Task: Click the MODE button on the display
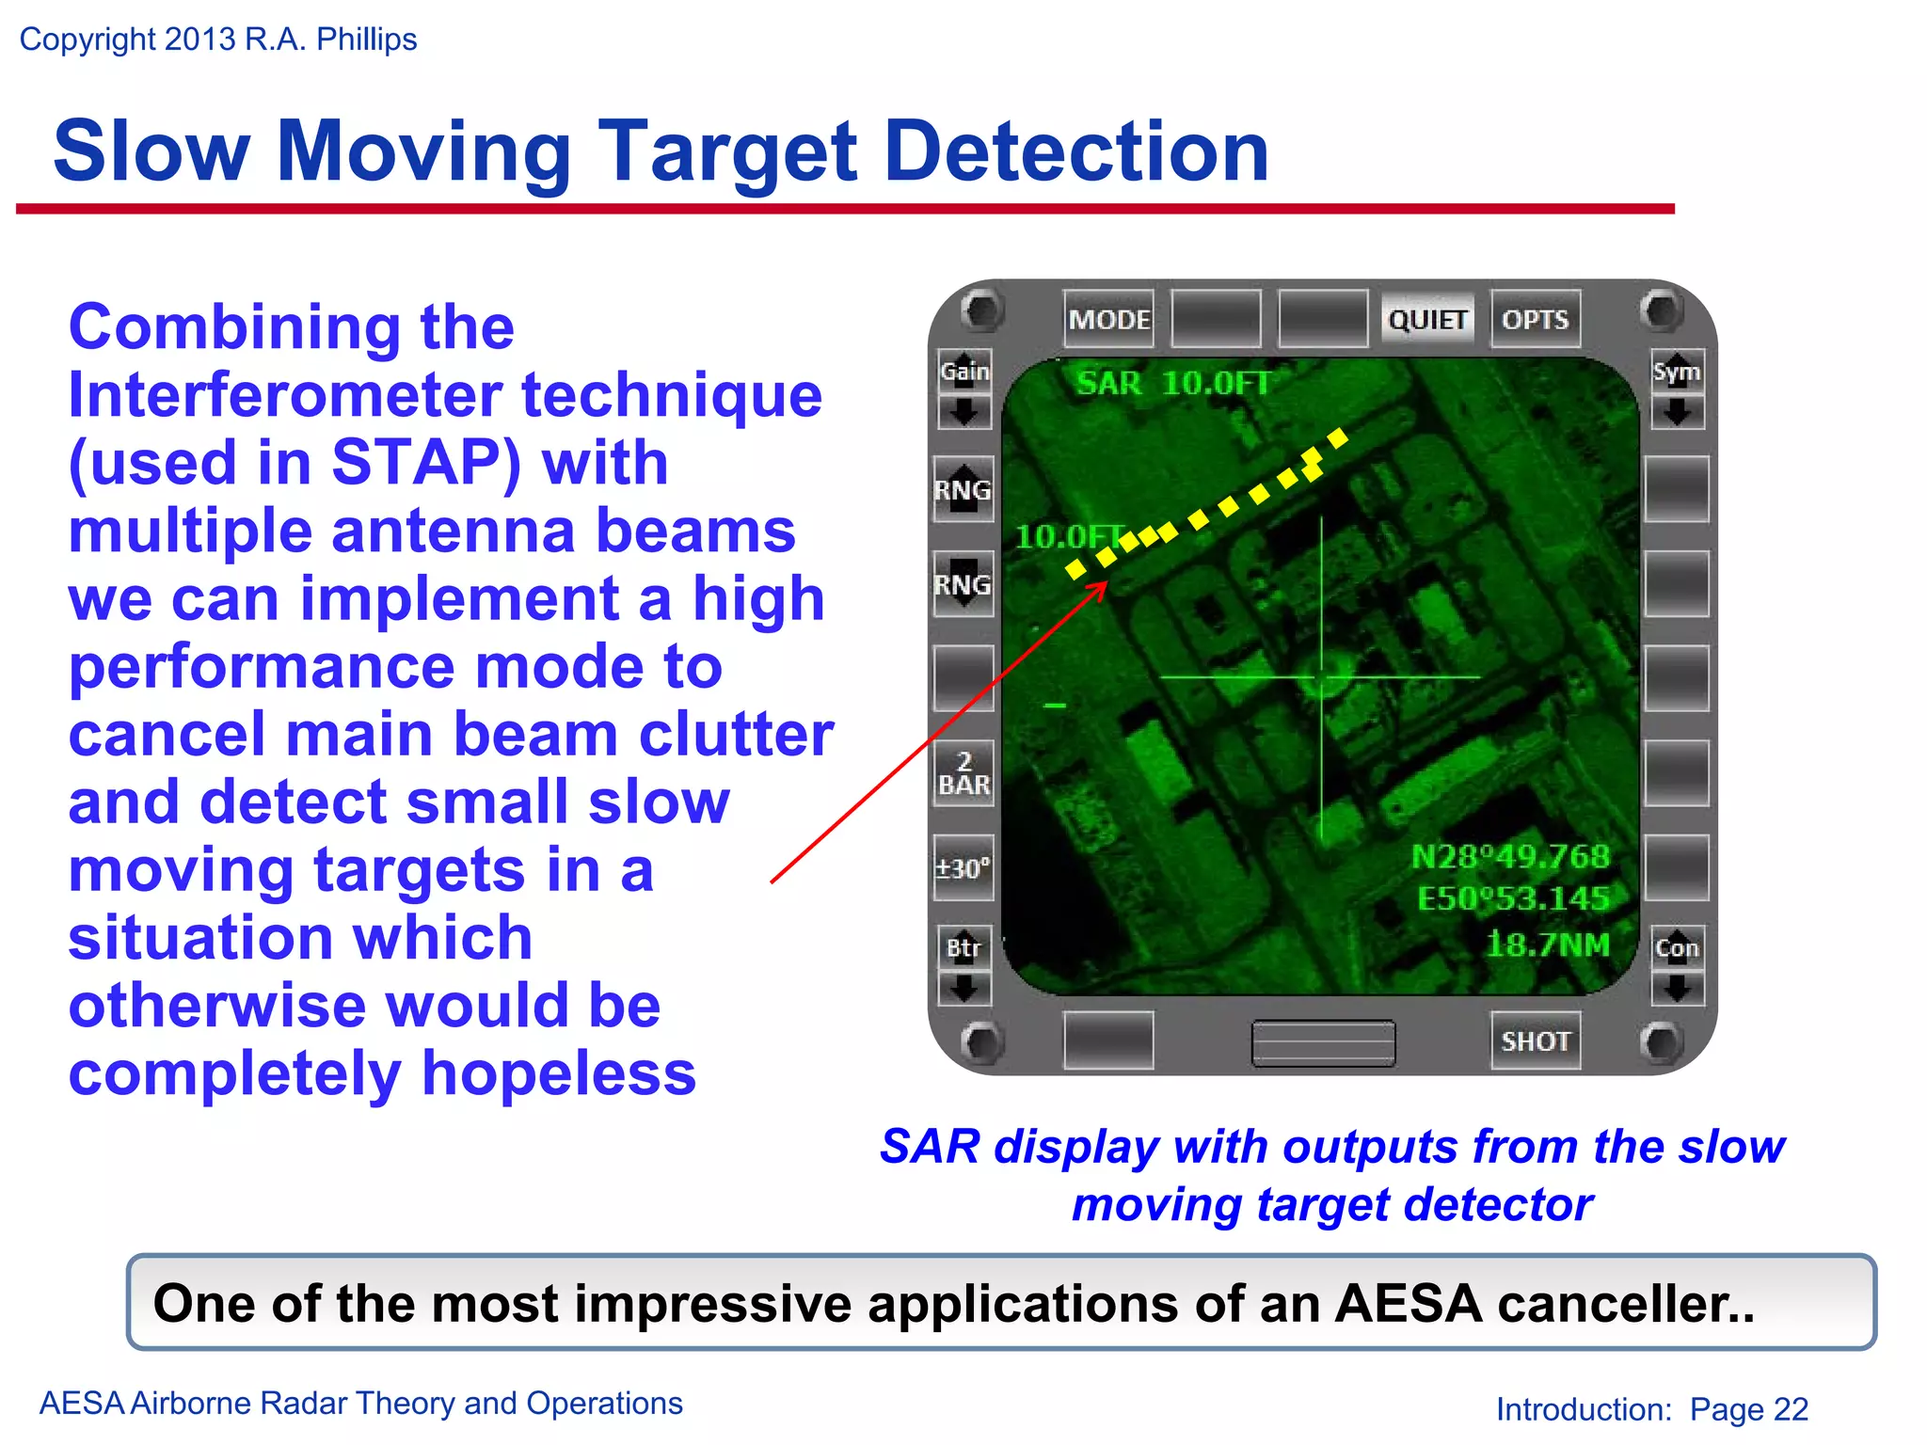[x=1108, y=320]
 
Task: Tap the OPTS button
[x=1535, y=320]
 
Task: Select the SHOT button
[x=1535, y=1040]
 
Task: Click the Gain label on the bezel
[x=964, y=372]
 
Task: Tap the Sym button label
[x=1676, y=372]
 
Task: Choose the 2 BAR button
[x=963, y=773]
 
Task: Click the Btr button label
[x=963, y=947]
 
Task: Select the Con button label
[x=1677, y=947]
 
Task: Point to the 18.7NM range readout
[x=1548, y=944]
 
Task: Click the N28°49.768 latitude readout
[x=1510, y=856]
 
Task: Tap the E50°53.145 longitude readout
[x=1513, y=898]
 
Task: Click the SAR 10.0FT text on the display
[x=1172, y=383]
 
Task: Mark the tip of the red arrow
[x=1107, y=584]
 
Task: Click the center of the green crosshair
[x=1322, y=676]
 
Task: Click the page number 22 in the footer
[x=1791, y=1408]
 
